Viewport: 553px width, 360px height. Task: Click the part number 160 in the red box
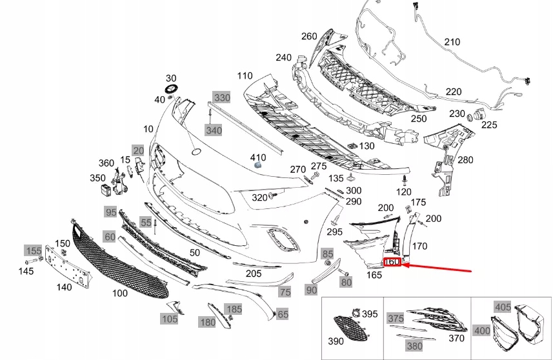[392, 262]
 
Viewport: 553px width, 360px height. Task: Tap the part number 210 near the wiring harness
[452, 43]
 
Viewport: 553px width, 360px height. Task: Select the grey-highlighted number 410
[258, 157]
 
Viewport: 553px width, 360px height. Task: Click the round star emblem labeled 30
[172, 90]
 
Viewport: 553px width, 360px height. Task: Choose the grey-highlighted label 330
[222, 97]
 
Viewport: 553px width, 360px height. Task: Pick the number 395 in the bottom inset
[370, 314]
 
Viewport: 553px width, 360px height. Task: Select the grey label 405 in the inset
[503, 306]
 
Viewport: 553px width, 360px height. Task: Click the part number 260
[309, 36]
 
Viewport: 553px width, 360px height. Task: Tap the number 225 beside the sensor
[489, 125]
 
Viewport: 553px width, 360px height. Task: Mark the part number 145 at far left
[26, 271]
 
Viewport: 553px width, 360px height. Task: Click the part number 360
[106, 163]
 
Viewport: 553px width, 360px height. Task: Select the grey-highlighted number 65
[283, 314]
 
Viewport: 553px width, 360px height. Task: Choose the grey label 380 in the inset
[413, 346]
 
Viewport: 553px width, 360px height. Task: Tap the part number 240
[284, 57]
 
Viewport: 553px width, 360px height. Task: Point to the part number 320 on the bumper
[259, 197]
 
